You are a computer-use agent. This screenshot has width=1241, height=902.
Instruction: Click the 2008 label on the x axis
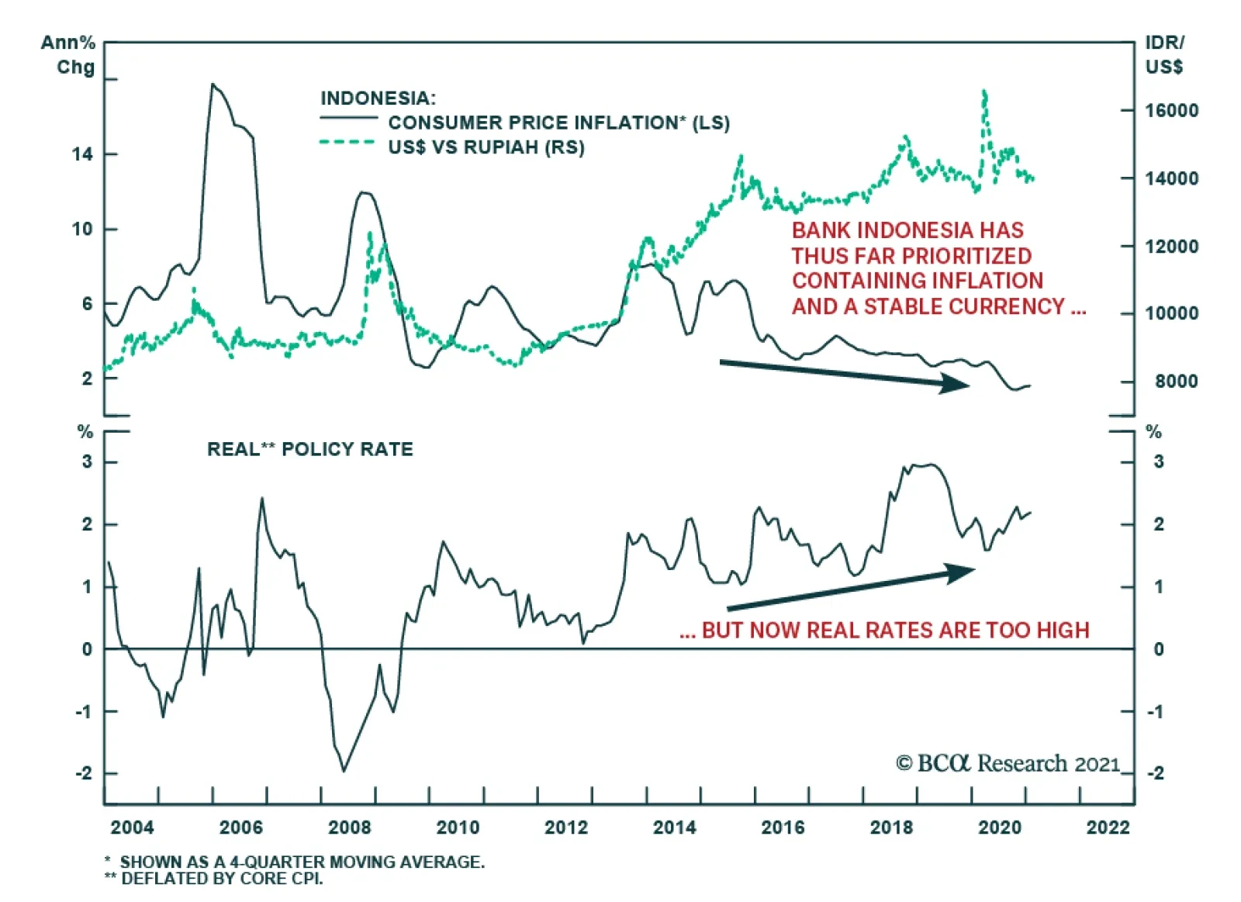point(349,828)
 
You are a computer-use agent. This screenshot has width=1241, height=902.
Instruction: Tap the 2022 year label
point(1108,828)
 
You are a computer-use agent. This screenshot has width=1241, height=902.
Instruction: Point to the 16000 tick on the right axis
point(1171,111)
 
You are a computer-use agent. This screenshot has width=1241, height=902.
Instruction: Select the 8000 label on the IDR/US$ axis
point(1176,382)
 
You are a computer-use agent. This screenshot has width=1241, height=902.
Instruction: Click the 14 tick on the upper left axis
point(82,154)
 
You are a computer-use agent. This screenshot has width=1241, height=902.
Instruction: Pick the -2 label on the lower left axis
point(84,774)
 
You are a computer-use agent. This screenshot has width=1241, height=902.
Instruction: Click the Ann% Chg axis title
point(68,55)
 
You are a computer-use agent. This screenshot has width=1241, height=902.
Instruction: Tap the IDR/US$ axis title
point(1164,55)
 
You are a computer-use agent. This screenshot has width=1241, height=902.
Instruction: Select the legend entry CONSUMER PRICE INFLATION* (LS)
point(558,123)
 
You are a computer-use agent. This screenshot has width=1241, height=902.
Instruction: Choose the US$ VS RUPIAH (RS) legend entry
point(486,147)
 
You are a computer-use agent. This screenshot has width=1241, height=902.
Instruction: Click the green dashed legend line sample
point(347,142)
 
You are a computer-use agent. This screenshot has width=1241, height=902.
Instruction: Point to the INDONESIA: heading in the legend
point(378,98)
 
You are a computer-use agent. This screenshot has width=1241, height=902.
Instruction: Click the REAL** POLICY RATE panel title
point(309,450)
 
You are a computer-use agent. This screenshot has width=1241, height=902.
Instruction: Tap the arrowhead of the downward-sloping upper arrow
point(958,383)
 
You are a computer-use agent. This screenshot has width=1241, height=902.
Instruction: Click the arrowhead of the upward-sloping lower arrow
point(963,572)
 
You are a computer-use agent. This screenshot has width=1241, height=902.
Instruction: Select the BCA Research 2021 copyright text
point(1008,764)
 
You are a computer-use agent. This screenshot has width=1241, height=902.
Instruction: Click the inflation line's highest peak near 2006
point(213,84)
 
